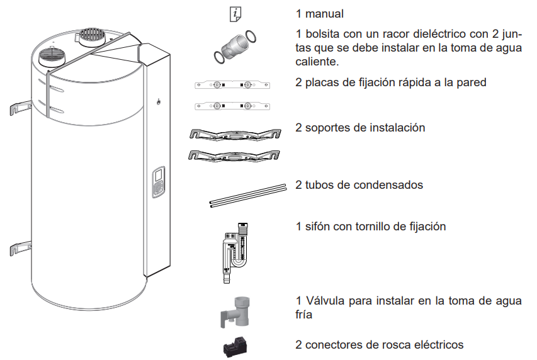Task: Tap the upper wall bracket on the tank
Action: pyautogui.click(x=20, y=108)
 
